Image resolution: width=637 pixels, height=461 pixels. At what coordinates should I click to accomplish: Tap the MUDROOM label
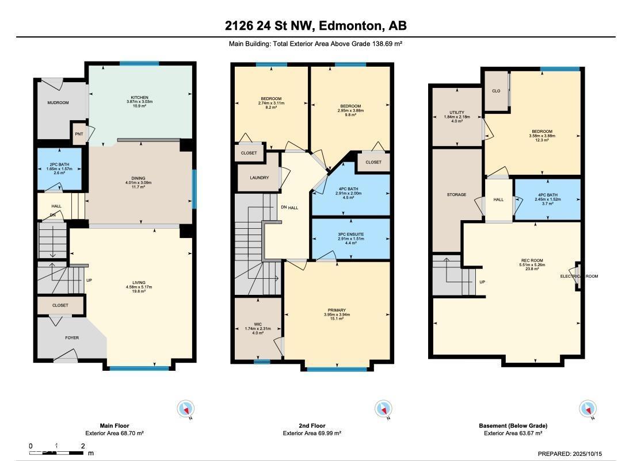click(x=58, y=103)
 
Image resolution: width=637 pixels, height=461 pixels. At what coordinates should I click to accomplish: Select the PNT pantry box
click(x=79, y=134)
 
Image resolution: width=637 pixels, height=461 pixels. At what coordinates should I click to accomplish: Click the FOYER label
click(x=71, y=338)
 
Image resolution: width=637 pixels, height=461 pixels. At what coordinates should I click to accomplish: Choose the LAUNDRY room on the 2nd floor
click(x=259, y=178)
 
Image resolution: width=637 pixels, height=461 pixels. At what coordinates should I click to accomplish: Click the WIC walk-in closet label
click(x=258, y=324)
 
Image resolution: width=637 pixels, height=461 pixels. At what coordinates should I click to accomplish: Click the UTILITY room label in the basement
click(x=457, y=113)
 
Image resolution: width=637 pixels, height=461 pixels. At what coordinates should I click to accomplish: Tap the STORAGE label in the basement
click(x=456, y=195)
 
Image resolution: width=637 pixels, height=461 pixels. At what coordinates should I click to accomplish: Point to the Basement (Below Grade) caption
click(x=513, y=426)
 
